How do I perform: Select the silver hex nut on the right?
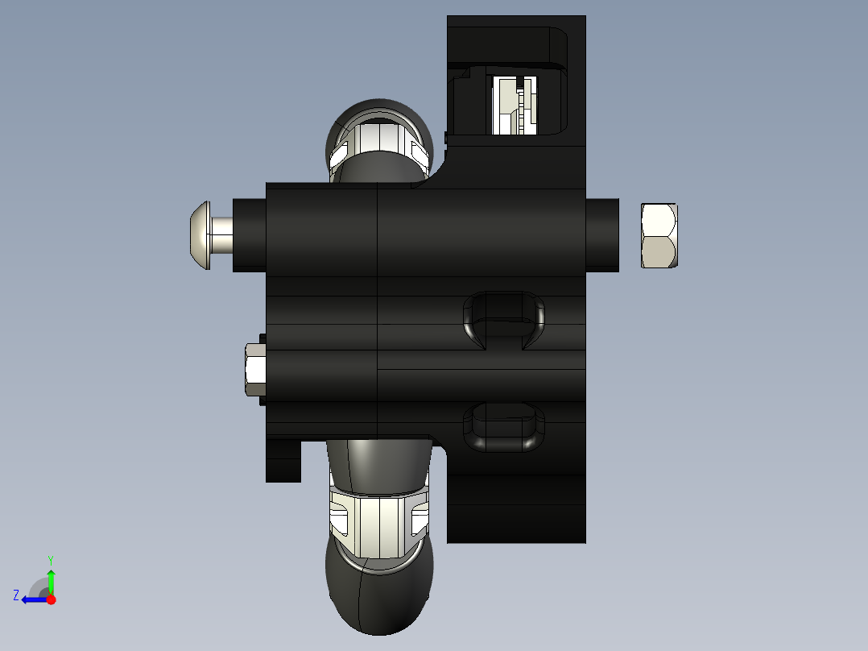[659, 235]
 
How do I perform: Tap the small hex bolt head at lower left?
[255, 370]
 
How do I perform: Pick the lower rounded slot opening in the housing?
[504, 426]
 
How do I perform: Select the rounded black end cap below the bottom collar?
[378, 596]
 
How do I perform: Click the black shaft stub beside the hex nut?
[602, 235]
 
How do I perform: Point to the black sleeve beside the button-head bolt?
[249, 235]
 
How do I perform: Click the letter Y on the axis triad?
[50, 559]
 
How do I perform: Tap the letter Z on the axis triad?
[16, 595]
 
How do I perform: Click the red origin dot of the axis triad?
[51, 599]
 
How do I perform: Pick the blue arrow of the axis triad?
[33, 599]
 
